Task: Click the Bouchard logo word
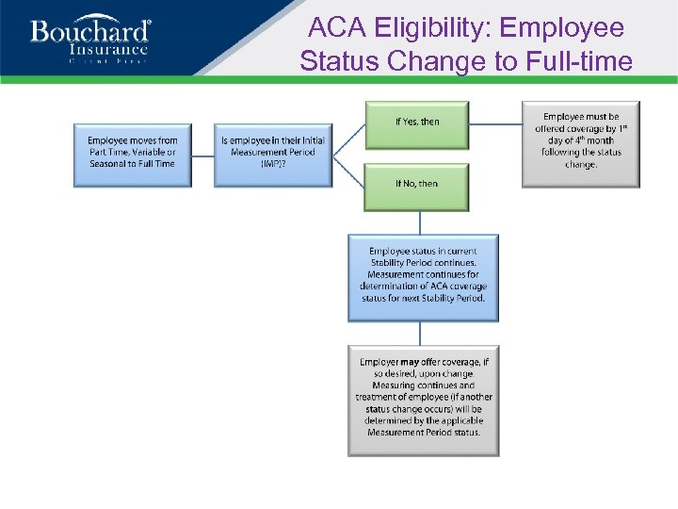tap(90, 32)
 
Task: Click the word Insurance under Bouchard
tap(108, 50)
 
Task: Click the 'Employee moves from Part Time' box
tap(132, 153)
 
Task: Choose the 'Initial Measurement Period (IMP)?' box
tap(273, 153)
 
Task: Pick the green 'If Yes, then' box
tap(417, 123)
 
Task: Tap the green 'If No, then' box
tap(417, 186)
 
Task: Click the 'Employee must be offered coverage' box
tap(581, 143)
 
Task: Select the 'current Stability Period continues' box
tap(423, 276)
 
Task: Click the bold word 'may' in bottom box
tap(408, 363)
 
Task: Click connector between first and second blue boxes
tap(202, 155)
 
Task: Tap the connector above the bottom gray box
tap(420, 335)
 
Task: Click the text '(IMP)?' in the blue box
tap(273, 164)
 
